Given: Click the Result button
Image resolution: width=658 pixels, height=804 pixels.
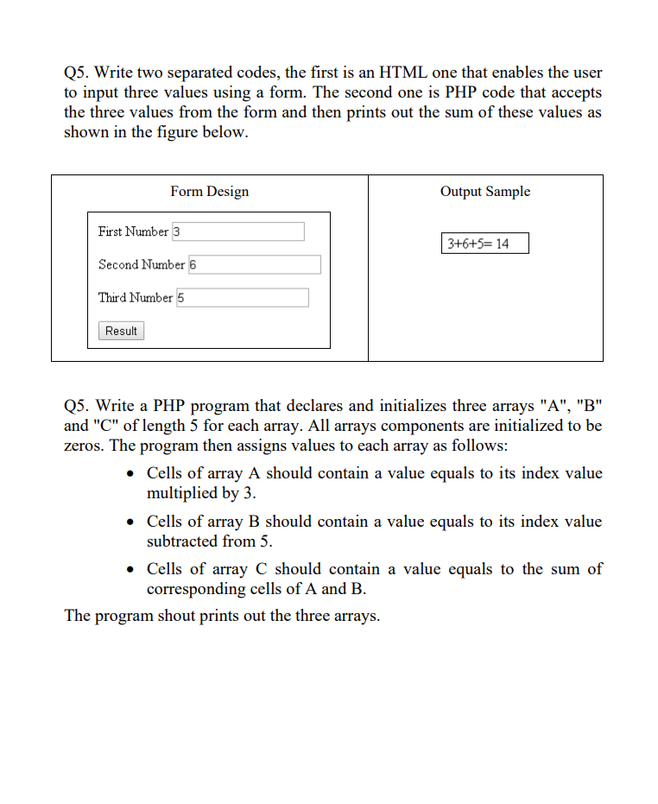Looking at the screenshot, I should pos(121,331).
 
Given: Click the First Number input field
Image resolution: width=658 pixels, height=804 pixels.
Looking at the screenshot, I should pos(238,231).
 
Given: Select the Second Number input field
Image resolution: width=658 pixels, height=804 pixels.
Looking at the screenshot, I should pos(254,264).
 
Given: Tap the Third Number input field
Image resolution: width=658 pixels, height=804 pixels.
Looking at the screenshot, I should pos(243,298).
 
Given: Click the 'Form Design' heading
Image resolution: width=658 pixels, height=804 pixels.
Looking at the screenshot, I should pos(209,192).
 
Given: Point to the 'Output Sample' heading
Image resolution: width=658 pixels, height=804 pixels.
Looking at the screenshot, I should pos(485,192).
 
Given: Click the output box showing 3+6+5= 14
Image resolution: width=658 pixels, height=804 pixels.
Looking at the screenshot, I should pos(484,244).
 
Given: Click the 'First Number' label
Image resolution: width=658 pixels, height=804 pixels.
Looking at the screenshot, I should pos(133,231).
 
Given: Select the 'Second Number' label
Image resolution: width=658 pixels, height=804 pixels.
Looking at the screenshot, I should pos(141,264).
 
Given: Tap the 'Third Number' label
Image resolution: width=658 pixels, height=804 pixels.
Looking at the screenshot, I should pos(136,298).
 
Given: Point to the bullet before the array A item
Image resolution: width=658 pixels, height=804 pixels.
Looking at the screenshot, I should pos(130,474).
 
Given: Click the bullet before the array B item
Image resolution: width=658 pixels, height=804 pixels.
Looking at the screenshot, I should pos(130,522).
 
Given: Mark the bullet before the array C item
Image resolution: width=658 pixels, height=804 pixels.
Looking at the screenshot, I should pos(130,570).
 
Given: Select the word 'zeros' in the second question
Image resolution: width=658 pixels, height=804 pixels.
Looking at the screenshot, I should pos(84,446).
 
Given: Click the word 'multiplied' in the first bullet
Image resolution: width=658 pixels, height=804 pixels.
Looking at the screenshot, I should pos(183,494).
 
